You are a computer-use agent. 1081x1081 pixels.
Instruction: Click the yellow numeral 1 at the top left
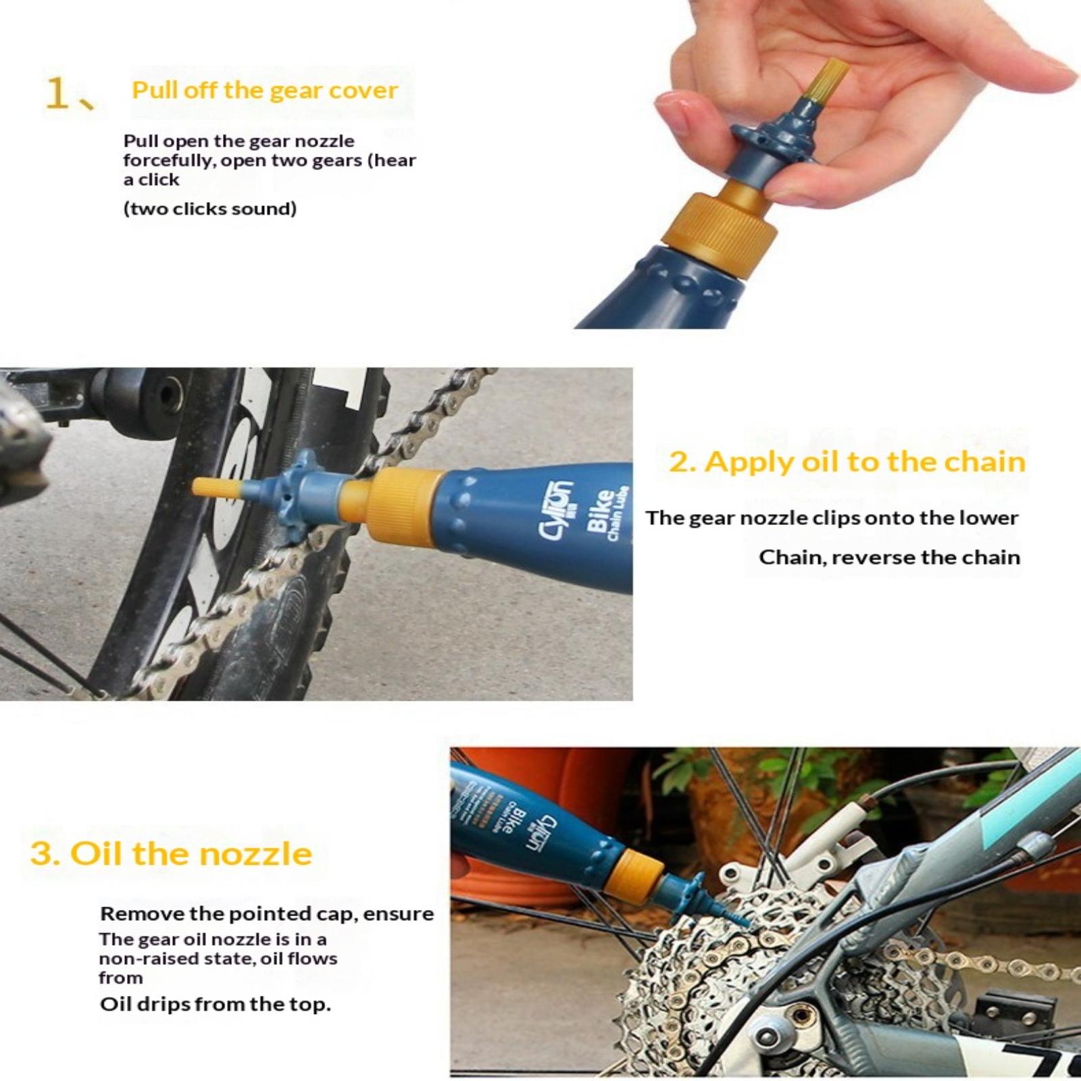click(57, 93)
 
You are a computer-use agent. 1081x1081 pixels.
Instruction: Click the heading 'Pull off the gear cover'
click(265, 91)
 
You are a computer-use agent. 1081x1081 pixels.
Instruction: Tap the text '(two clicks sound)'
click(210, 208)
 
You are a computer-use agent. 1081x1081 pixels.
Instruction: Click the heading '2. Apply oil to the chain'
click(847, 462)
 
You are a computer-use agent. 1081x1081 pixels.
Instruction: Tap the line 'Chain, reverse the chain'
click(889, 557)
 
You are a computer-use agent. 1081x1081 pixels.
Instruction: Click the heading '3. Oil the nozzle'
click(171, 853)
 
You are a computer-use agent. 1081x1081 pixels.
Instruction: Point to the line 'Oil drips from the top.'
click(216, 1004)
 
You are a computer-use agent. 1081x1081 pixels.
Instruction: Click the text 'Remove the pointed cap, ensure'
click(267, 914)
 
